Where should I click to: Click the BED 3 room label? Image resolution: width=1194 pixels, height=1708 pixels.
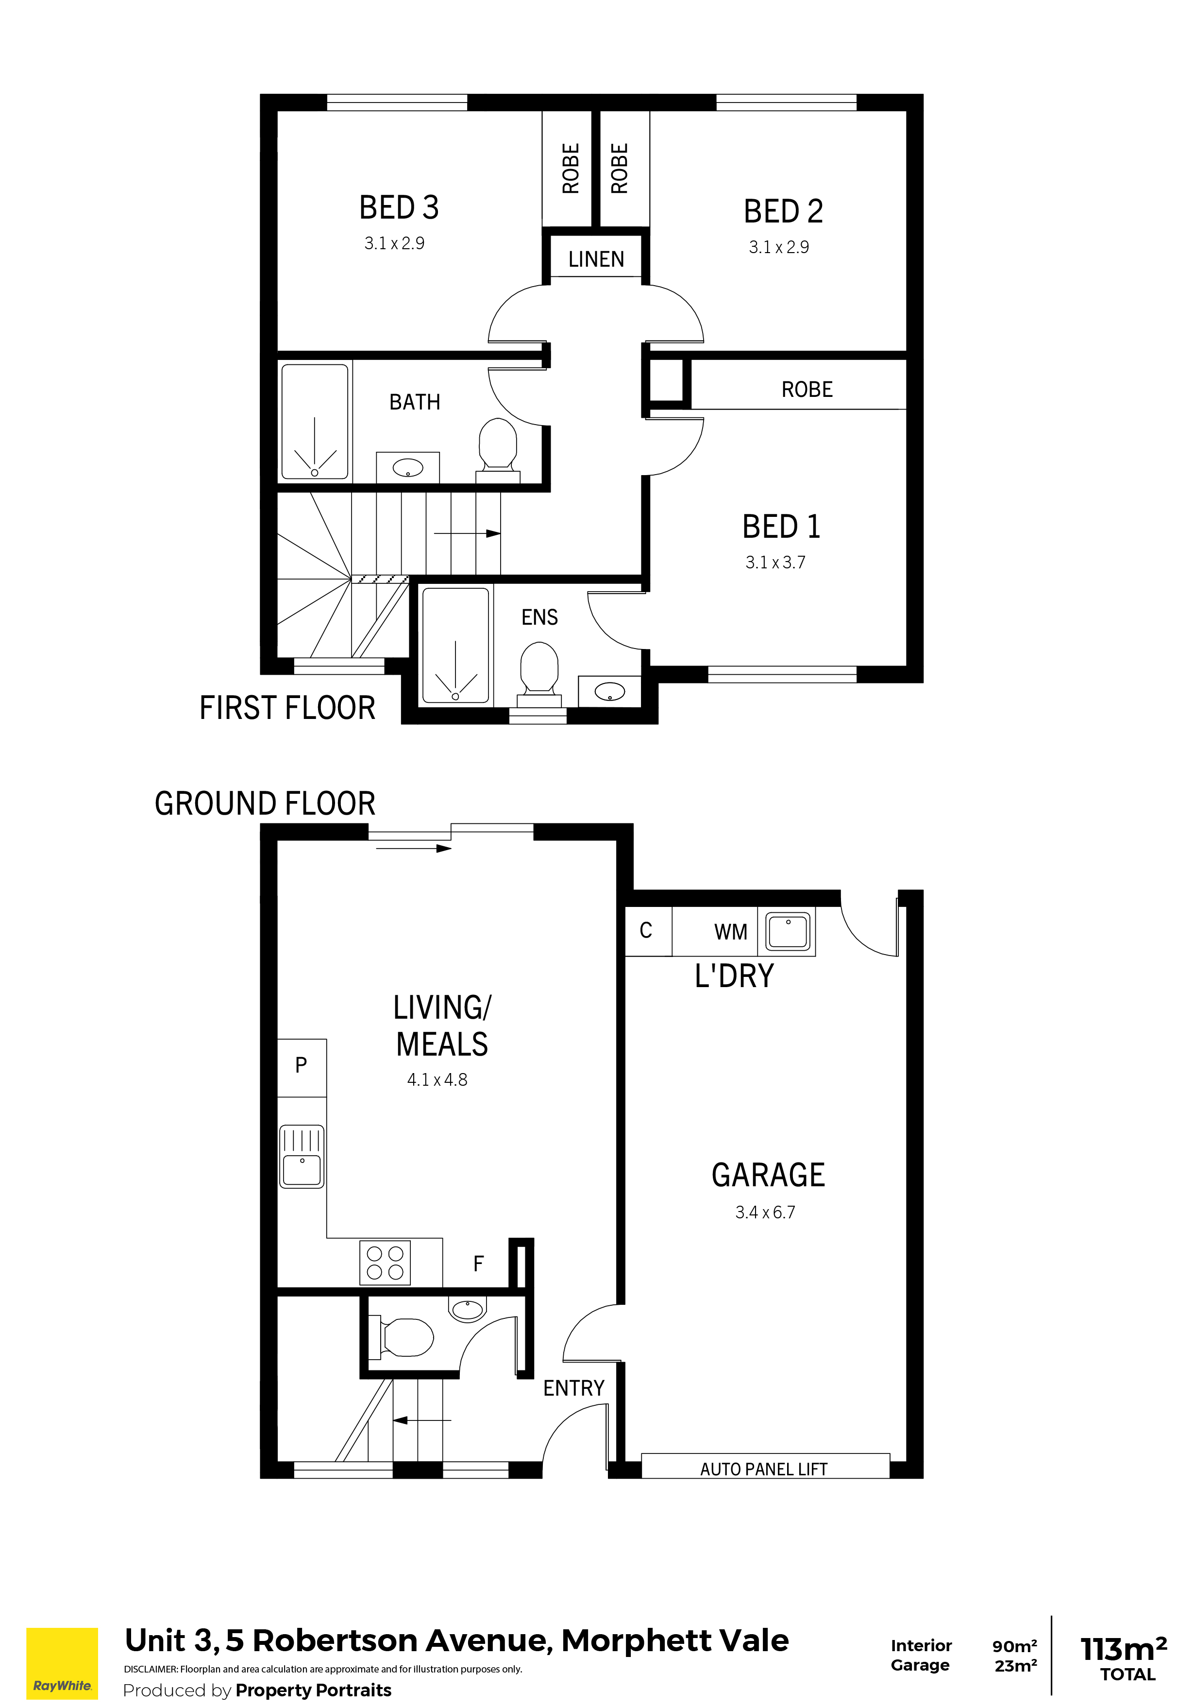pyautogui.click(x=399, y=207)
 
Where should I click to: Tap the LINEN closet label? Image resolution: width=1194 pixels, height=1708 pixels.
pyautogui.click(x=596, y=259)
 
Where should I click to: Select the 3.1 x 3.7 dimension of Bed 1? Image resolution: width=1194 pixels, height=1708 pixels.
pyautogui.click(x=775, y=563)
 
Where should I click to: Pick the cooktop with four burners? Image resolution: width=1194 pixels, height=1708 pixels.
pyautogui.click(x=385, y=1263)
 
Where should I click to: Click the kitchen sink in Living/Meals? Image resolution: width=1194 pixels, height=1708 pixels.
pyautogui.click(x=302, y=1156)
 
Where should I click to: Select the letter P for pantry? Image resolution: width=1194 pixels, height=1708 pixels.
pyautogui.click(x=301, y=1065)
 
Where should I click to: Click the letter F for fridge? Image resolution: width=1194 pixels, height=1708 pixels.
pyautogui.click(x=478, y=1263)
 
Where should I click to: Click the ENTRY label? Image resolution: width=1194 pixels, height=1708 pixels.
pyautogui.click(x=573, y=1388)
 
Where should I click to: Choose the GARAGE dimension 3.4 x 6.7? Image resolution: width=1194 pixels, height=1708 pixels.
pyautogui.click(x=765, y=1213)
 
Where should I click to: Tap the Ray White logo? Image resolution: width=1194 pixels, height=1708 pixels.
pyautogui.click(x=63, y=1663)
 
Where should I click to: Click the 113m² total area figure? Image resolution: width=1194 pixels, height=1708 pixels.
pyautogui.click(x=1124, y=1649)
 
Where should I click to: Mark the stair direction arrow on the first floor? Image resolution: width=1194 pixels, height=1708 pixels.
pyautogui.click(x=467, y=533)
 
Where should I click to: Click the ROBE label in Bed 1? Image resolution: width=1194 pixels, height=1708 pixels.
pyautogui.click(x=807, y=389)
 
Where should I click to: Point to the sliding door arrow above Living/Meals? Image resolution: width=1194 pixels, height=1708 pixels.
pyautogui.click(x=413, y=849)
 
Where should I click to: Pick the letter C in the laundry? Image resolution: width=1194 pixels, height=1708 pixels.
pyautogui.click(x=645, y=930)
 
